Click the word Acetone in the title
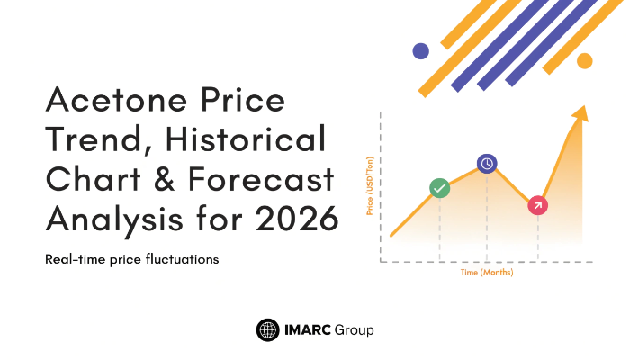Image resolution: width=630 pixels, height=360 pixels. coord(116,99)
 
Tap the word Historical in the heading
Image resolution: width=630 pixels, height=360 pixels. coord(246,139)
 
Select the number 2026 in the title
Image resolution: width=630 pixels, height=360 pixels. coord(297,219)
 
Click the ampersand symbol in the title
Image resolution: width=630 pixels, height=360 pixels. coord(164,179)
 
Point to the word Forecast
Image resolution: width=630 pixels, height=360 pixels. coord(261,179)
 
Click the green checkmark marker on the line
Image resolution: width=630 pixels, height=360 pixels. coord(439,188)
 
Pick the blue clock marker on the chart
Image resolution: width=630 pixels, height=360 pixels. coord(487,164)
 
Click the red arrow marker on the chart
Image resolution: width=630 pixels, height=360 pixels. coord(537,205)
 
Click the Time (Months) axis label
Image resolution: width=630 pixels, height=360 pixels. coord(487,273)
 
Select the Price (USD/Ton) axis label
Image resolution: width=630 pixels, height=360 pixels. coord(370,186)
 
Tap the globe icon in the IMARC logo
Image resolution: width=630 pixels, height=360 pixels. coord(267,330)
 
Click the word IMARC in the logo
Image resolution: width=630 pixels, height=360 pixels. coord(308,330)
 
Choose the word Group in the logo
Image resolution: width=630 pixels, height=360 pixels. coord(354,330)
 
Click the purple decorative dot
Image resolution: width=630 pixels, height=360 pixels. coord(420,51)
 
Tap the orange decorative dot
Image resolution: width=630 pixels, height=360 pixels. coord(585,61)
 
